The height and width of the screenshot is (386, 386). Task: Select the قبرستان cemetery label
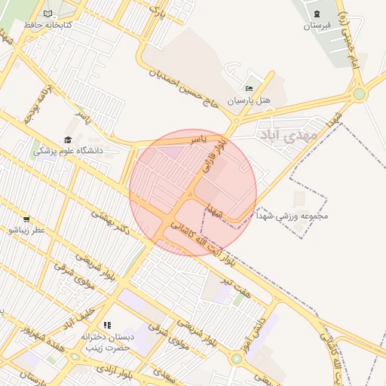317,26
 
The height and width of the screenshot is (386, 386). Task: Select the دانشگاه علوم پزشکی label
72,151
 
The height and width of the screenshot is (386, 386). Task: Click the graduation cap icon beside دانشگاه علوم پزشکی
68,139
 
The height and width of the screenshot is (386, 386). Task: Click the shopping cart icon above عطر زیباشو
26,219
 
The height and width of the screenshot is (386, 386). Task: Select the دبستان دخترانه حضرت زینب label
107,343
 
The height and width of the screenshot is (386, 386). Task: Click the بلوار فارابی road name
212,155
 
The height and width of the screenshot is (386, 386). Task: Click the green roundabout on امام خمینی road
360,94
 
